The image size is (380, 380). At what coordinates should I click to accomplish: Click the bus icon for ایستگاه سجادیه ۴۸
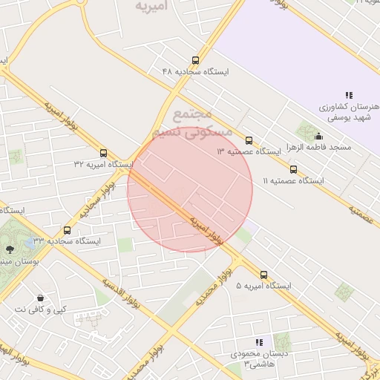pyautogui.click(x=195, y=60)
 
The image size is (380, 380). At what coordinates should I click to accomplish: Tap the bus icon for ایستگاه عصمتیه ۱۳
pyautogui.click(x=249, y=140)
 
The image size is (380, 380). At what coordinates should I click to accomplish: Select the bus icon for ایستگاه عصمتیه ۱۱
pyautogui.click(x=293, y=168)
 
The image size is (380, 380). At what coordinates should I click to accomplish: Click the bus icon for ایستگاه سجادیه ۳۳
pyautogui.click(x=68, y=230)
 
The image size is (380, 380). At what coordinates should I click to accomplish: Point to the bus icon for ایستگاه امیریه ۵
pyautogui.click(x=264, y=275)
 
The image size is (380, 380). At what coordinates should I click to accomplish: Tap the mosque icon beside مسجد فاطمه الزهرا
pyautogui.click(x=319, y=136)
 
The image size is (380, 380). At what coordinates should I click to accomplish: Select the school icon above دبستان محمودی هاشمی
pyautogui.click(x=260, y=342)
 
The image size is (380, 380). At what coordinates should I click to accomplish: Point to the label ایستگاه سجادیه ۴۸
pyautogui.click(x=196, y=72)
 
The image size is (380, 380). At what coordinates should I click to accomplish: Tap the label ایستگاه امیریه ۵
pyautogui.click(x=263, y=286)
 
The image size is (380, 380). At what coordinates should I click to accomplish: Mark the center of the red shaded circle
pyautogui.click(x=190, y=190)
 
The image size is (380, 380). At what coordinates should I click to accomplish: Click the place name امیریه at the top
pyautogui.click(x=152, y=6)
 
